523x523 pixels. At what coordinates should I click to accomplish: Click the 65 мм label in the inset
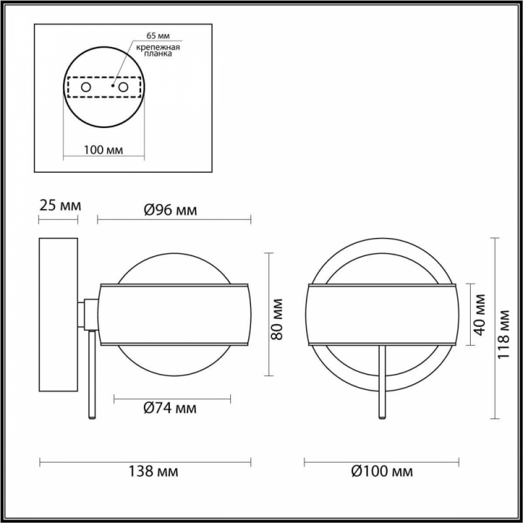[x=158, y=36]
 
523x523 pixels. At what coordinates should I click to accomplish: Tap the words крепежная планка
[x=158, y=50]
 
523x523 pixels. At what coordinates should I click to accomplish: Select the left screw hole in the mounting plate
[x=86, y=88]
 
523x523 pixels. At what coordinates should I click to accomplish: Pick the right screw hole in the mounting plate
[x=124, y=88]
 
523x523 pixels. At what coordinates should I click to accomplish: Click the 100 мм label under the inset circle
[x=103, y=150]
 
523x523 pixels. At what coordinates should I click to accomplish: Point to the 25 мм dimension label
[x=60, y=205]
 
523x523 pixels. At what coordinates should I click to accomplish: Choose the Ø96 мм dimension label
[x=171, y=210]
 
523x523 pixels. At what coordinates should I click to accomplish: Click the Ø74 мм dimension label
[x=170, y=408]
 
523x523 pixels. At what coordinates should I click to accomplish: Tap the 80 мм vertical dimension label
[x=277, y=319]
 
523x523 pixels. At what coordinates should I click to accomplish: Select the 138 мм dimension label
[x=154, y=471]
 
